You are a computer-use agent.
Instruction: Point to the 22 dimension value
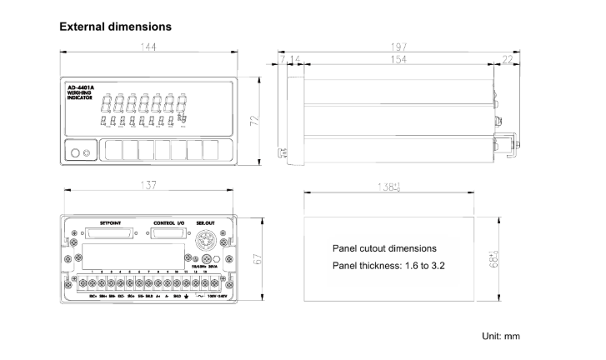(x=508, y=60)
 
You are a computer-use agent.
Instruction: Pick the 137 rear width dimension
(x=148, y=185)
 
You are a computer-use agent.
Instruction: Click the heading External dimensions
(x=115, y=27)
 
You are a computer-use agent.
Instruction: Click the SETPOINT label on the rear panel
(x=112, y=223)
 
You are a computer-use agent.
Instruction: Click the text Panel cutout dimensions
(x=384, y=248)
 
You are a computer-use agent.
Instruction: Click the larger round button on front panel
(x=76, y=152)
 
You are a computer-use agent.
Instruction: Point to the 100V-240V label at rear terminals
(x=218, y=295)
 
